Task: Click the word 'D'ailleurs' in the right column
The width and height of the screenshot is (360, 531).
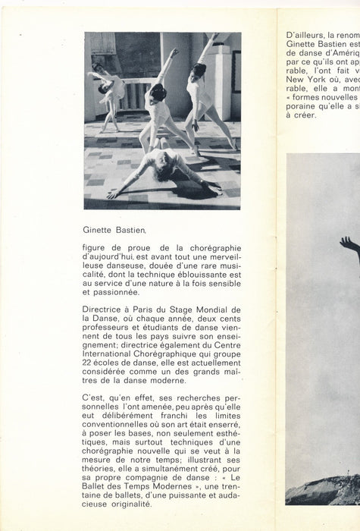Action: pos(303,34)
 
